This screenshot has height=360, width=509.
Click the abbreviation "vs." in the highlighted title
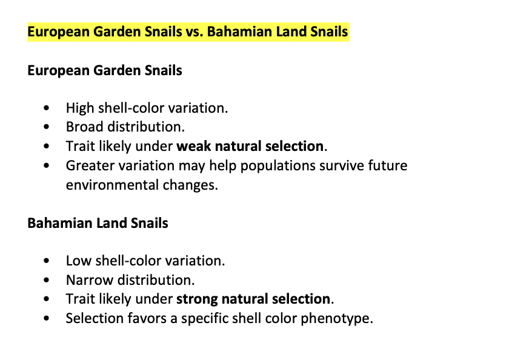coord(195,32)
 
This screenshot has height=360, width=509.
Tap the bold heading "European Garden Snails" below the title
coord(104,70)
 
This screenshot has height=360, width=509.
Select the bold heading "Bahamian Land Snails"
coord(98,224)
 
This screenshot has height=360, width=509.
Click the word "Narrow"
coord(90,280)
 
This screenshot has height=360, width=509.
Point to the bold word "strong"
coord(197,299)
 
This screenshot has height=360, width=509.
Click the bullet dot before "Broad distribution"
coord(47,127)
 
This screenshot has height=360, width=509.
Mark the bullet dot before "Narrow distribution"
coord(47,280)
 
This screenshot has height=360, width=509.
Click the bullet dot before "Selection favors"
coord(47,318)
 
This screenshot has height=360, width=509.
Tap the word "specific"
coord(205,318)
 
